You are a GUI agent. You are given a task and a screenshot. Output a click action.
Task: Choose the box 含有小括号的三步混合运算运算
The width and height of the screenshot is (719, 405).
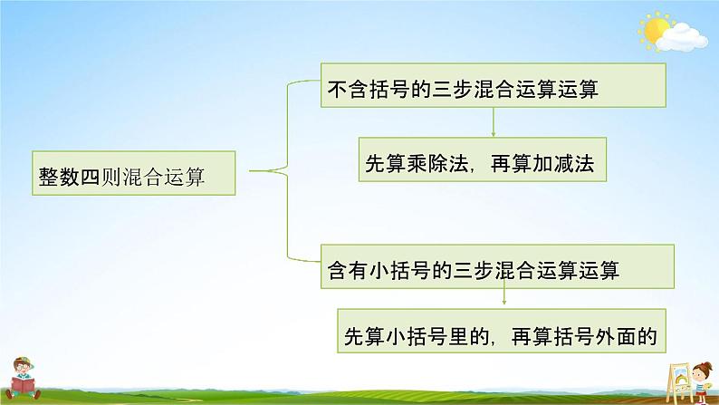(496, 268)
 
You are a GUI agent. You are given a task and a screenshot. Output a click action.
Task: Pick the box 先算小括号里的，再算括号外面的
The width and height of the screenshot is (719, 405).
(500, 333)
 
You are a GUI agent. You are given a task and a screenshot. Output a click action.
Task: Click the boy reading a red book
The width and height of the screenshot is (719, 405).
(27, 376)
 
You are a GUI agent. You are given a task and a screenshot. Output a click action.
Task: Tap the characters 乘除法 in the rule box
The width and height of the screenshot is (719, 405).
(438, 163)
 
